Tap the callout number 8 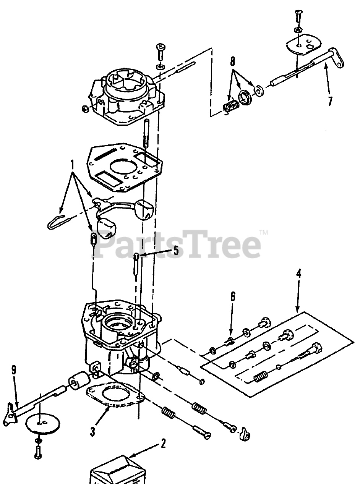[233, 62]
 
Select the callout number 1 [72, 165]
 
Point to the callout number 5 [176, 251]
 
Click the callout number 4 [298, 274]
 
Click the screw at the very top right [298, 16]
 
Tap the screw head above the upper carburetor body [161, 46]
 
